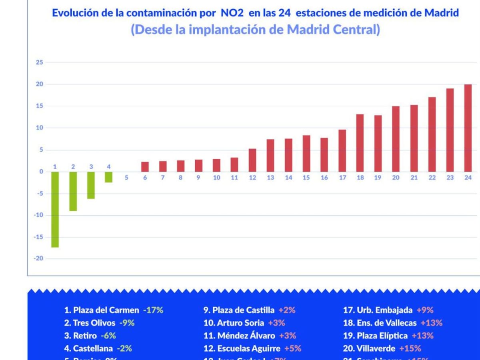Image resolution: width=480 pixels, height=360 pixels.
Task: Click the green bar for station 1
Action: (55, 209)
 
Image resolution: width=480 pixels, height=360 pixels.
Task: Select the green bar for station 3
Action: (91, 185)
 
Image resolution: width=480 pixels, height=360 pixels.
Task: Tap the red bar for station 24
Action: (468, 128)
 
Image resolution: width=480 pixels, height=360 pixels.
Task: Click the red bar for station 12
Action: (252, 160)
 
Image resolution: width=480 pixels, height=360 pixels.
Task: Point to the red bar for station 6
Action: (145, 166)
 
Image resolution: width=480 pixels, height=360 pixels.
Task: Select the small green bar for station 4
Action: (109, 177)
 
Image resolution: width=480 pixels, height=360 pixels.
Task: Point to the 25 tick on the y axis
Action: (39, 62)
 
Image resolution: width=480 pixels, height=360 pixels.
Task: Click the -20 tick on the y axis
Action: (38, 259)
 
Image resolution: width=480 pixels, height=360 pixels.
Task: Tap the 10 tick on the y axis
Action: (39, 128)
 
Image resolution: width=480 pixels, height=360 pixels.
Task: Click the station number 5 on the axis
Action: (126, 178)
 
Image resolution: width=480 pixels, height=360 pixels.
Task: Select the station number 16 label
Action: (324, 178)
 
